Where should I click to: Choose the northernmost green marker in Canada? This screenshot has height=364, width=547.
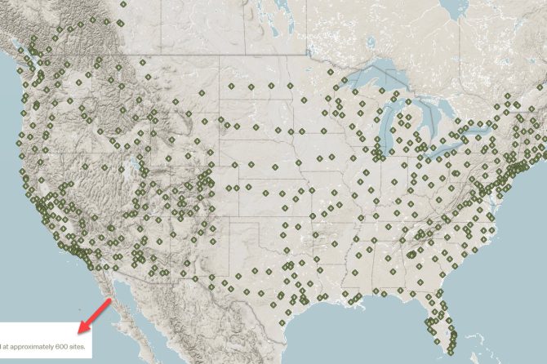click(x=122, y=3)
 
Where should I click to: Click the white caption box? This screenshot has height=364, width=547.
click(x=45, y=335)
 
